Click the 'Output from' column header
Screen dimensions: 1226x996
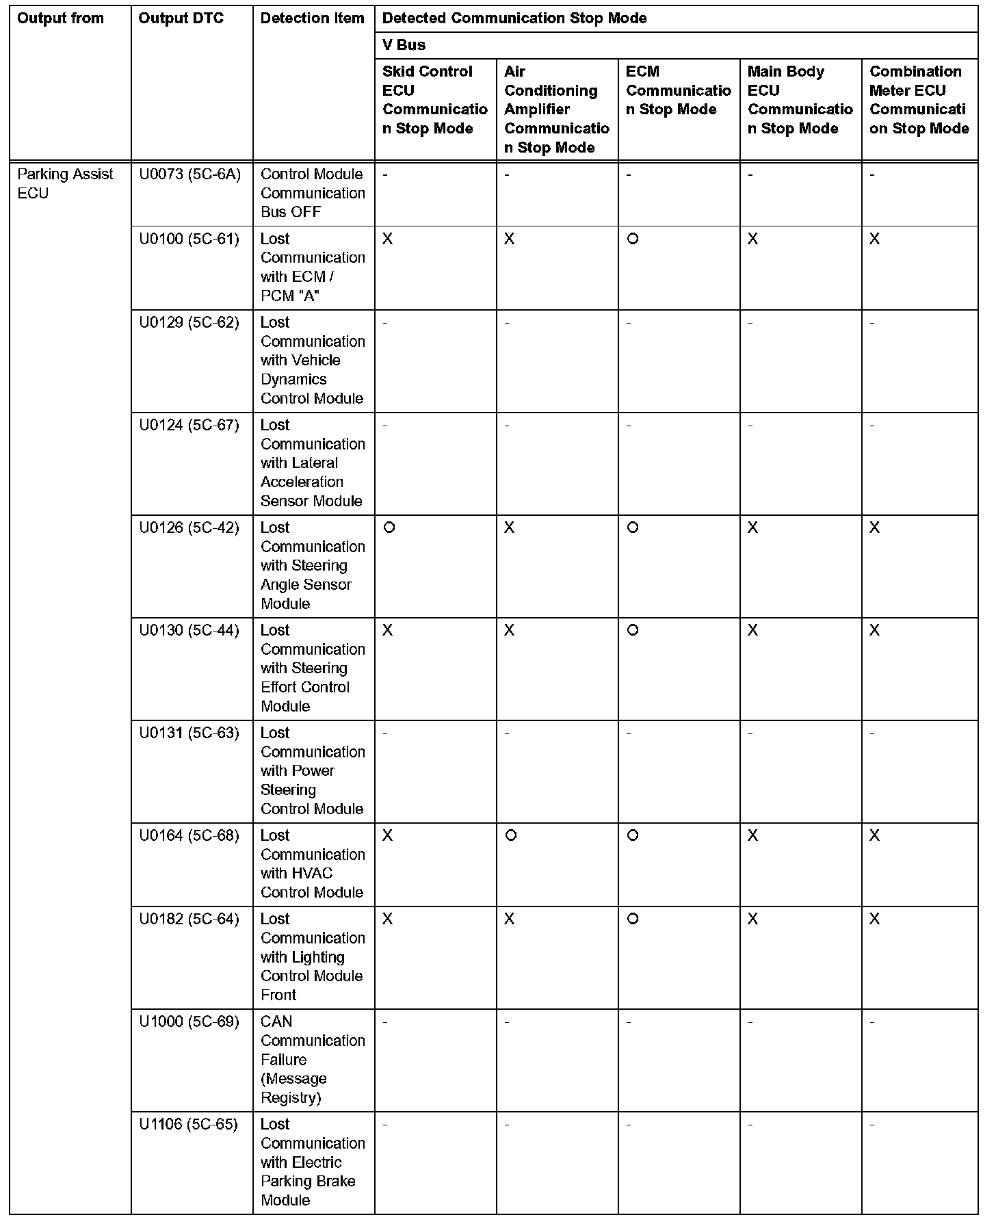60,18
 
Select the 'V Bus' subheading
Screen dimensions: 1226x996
404,45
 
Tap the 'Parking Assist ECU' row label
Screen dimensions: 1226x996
65,183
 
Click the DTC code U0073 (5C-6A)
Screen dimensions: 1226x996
189,174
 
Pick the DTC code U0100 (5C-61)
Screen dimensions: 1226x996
189,239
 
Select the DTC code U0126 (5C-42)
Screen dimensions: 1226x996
189,527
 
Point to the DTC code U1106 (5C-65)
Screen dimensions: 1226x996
188,1124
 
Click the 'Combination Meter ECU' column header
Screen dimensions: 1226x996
919,100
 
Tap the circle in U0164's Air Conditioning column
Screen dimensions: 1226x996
510,835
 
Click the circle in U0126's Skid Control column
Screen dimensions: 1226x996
389,527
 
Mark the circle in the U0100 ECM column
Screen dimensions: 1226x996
633,239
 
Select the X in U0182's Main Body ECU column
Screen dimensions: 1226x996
752,919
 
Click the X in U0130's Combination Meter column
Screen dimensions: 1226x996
874,630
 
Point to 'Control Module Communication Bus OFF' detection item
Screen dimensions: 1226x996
313,193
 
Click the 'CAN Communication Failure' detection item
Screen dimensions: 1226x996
313,1059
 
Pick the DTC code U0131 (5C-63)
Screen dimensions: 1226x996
189,733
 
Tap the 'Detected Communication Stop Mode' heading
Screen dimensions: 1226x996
514,18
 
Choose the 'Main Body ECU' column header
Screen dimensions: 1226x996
800,100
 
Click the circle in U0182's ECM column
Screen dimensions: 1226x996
633,919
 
